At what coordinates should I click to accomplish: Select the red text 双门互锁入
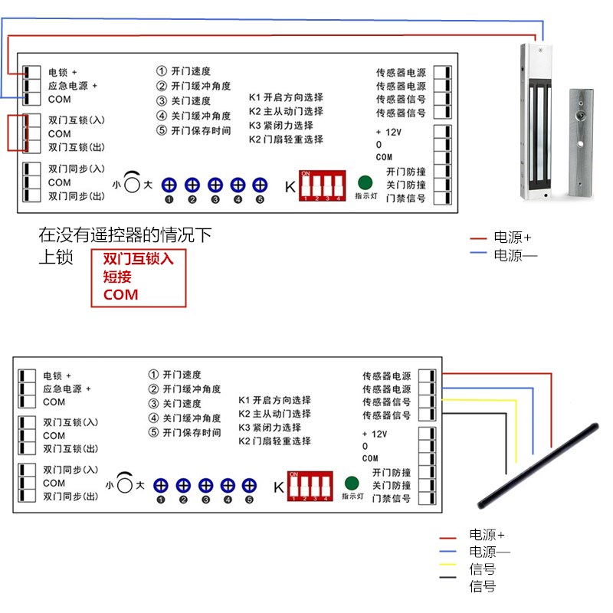[x=139, y=259]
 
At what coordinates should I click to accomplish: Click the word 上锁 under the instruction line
[x=56, y=258]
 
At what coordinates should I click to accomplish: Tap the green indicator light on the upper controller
[x=365, y=184]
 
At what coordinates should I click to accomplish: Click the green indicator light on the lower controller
[x=352, y=484]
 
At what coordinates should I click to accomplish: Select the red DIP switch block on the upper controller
[x=321, y=186]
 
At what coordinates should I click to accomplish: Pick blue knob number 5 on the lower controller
[x=249, y=485]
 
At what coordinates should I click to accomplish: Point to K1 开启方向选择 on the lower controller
[x=274, y=400]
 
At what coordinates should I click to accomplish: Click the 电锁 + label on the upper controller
[x=63, y=72]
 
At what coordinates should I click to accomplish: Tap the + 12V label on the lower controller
[x=374, y=433]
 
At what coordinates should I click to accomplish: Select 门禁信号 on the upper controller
[x=407, y=199]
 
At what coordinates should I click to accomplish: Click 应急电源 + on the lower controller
[x=67, y=388]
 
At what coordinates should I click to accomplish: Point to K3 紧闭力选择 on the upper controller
[x=281, y=126]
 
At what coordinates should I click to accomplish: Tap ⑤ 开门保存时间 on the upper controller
[x=194, y=130]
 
